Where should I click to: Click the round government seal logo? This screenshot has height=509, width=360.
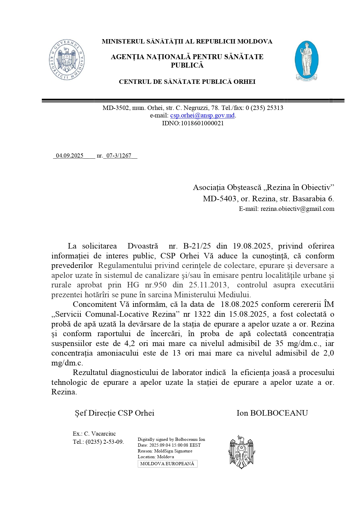(x=67, y=60)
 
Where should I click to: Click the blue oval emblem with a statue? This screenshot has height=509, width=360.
(x=306, y=61)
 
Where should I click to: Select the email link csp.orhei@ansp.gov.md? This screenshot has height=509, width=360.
(x=202, y=115)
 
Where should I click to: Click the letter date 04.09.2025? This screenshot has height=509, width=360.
(x=70, y=155)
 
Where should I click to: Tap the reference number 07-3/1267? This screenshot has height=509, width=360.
(x=119, y=155)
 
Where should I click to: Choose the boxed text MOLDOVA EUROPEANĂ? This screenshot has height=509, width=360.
(x=167, y=464)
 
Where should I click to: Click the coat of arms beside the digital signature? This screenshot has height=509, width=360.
(x=242, y=452)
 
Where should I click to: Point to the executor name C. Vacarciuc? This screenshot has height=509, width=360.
(x=100, y=434)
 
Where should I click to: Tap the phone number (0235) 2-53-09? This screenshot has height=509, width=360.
(x=104, y=442)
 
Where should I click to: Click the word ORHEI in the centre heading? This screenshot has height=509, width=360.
(x=245, y=82)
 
